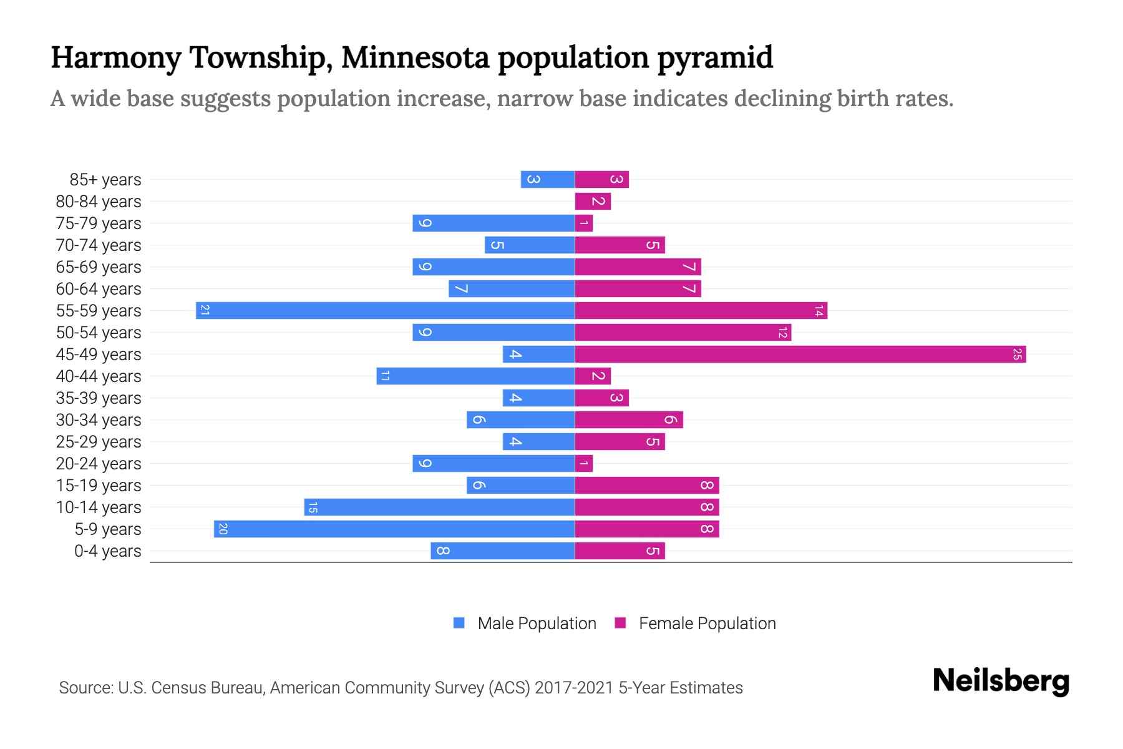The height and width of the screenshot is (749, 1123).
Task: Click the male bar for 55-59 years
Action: (385, 310)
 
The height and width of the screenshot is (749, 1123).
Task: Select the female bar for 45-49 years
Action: (800, 354)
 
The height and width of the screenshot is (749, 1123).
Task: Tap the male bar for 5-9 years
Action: (394, 529)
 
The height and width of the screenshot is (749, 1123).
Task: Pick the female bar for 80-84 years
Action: (593, 201)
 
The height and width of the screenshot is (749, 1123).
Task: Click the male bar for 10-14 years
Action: (439, 507)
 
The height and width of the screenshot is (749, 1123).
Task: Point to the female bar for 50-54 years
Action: (683, 332)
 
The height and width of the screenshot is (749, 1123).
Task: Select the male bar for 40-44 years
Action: (475, 376)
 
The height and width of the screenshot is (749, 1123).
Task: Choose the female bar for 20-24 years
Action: (584, 463)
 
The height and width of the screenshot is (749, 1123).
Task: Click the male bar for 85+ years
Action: (548, 179)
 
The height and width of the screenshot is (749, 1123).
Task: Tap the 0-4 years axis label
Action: (107, 551)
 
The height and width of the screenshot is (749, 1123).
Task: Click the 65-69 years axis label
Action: (99, 267)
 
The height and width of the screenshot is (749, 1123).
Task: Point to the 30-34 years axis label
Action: (99, 420)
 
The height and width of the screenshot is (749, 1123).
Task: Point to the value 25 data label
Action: (1017, 354)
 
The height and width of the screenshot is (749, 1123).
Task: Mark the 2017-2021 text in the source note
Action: (574, 687)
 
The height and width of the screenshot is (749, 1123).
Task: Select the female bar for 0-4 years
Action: (620, 551)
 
